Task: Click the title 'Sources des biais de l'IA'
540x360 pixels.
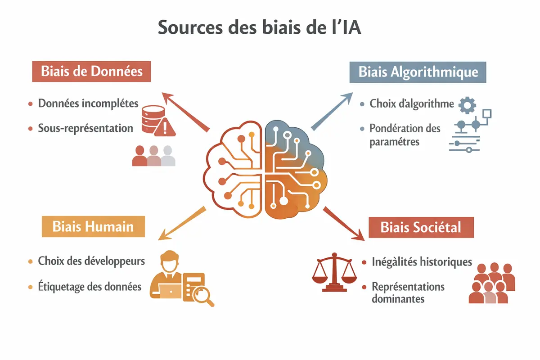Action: tap(260, 27)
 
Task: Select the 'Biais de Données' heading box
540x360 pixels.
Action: tap(91, 71)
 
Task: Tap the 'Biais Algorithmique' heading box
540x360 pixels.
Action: tap(418, 72)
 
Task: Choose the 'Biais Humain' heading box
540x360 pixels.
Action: tap(93, 226)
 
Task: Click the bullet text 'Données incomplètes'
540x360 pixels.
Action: tap(88, 103)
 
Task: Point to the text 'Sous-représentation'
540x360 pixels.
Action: tap(85, 128)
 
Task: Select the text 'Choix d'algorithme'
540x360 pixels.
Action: tap(412, 104)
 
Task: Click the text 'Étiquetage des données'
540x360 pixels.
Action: tap(90, 286)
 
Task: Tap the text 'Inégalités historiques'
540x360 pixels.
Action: tap(422, 261)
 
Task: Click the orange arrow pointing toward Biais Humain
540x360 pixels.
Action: tap(182, 224)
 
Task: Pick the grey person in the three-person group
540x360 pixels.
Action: tap(168, 155)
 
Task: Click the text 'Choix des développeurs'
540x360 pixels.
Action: tap(91, 261)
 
